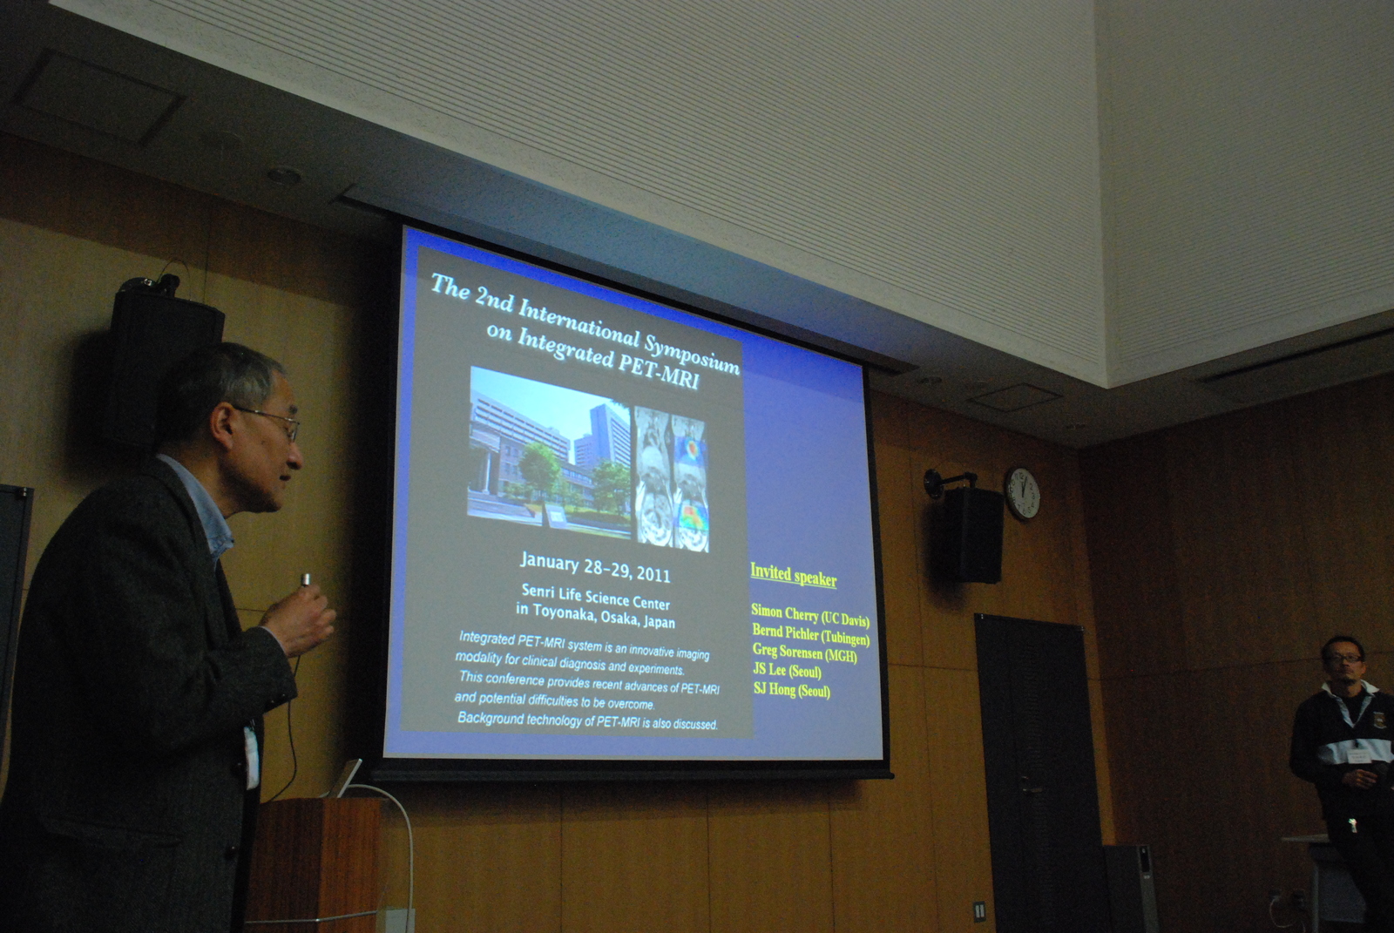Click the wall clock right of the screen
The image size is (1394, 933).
[1023, 493]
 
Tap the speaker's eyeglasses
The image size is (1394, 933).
[271, 421]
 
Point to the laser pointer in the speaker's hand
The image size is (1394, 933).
[306, 580]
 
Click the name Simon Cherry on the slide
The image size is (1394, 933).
[784, 612]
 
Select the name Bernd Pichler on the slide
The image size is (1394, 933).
[786, 631]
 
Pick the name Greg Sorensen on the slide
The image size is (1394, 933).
[788, 651]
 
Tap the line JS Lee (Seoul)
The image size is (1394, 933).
[787, 670]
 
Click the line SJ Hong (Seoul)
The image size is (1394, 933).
[791, 689]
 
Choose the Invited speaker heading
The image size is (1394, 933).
[793, 574]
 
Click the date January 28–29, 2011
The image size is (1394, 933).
[595, 568]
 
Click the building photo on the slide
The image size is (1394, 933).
[550, 452]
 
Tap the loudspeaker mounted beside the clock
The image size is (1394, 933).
[965, 532]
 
